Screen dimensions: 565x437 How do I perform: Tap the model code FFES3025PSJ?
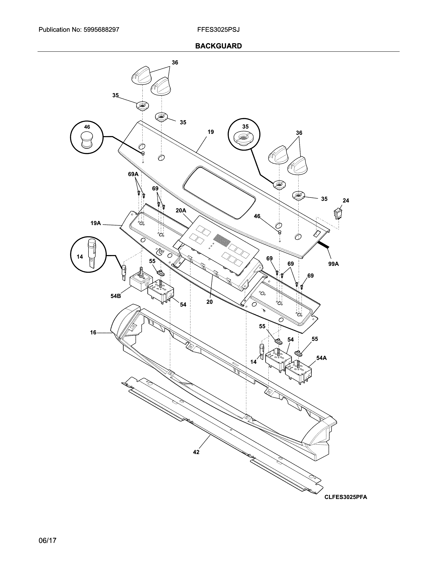(x=218, y=30)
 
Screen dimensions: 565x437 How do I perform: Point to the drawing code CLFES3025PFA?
(x=346, y=497)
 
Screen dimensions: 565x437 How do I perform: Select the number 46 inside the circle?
(x=87, y=127)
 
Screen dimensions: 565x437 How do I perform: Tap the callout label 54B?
(x=116, y=296)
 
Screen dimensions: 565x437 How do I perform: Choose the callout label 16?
(x=93, y=332)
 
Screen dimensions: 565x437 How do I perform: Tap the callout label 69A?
(x=133, y=174)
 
